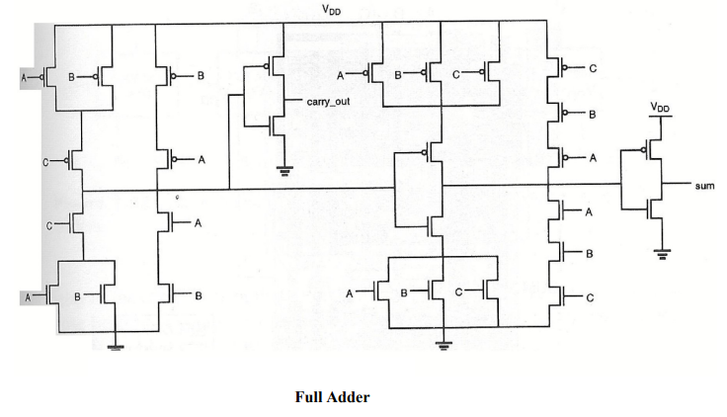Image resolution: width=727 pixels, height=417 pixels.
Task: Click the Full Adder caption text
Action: (x=333, y=396)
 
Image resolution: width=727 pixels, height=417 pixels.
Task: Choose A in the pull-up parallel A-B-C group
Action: (x=341, y=74)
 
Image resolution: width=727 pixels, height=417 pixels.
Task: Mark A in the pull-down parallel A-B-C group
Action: (x=351, y=292)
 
